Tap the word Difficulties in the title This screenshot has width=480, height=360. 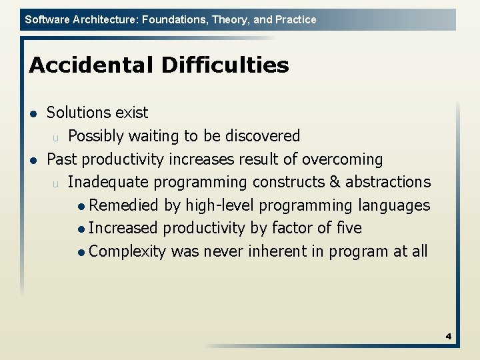click(x=225, y=65)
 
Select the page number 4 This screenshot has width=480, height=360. click(x=449, y=337)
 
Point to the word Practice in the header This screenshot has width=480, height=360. click(x=295, y=19)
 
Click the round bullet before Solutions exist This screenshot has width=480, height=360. click(x=33, y=113)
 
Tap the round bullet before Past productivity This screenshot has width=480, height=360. click(x=33, y=160)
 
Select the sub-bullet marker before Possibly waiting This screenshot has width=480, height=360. click(x=56, y=137)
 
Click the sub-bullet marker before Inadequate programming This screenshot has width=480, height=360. click(x=56, y=183)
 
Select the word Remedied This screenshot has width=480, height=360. click(x=123, y=205)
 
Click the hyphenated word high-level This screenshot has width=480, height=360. click(x=205, y=205)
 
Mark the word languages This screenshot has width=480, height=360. click(x=394, y=205)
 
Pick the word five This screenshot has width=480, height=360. click(x=347, y=228)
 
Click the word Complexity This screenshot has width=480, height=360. click(x=127, y=251)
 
